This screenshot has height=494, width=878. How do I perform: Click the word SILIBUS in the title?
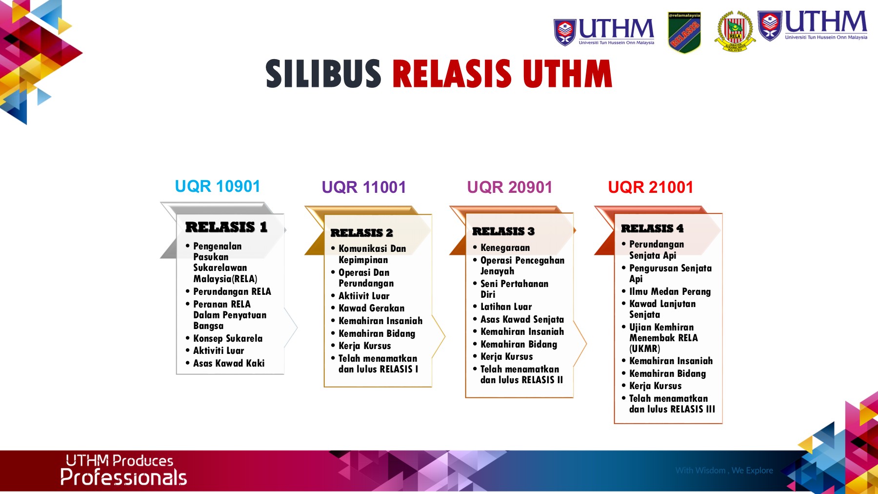tap(323, 74)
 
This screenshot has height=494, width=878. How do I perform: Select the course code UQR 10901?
tap(218, 186)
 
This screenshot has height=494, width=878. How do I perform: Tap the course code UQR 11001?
tap(364, 187)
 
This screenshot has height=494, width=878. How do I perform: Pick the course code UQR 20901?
tap(510, 187)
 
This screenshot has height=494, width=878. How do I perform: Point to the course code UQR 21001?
tap(651, 187)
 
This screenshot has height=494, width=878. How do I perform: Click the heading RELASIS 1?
tap(226, 227)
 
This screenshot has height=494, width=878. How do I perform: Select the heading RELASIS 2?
tap(362, 233)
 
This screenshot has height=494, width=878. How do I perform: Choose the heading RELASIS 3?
tap(503, 231)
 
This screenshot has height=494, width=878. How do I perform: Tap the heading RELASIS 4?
tap(652, 228)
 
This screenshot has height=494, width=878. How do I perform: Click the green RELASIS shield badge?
tap(684, 32)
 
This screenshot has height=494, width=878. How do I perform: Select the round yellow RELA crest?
tap(735, 32)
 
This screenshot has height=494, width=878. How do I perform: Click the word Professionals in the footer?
tap(123, 477)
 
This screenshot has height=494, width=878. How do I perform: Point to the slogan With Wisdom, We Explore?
tap(724, 471)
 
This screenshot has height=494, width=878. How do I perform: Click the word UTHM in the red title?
tap(567, 74)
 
